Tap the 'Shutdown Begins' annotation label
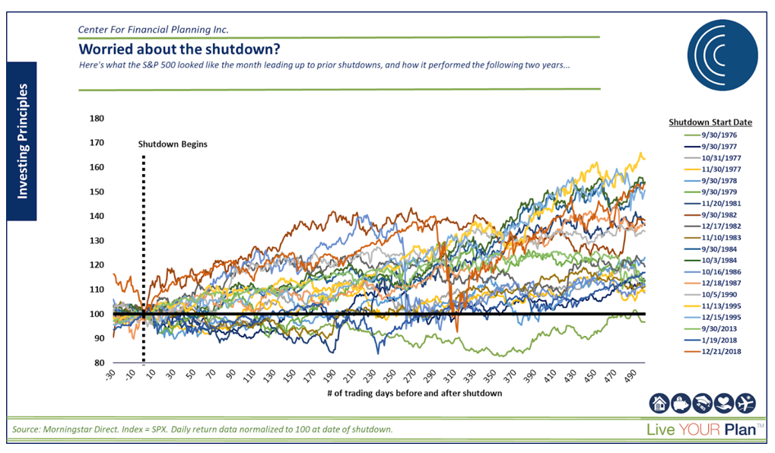point(173,144)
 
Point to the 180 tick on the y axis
point(96,119)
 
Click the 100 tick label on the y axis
point(96,314)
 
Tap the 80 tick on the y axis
point(98,363)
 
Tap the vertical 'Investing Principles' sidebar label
point(22,142)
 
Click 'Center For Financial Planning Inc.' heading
point(154,30)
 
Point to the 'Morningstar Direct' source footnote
point(203,430)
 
